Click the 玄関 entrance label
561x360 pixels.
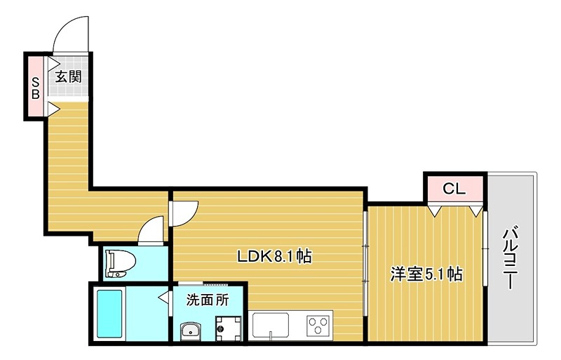click(x=69, y=76)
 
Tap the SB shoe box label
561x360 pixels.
click(x=35, y=86)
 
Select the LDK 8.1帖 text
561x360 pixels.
click(x=273, y=257)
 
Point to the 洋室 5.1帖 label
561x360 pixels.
click(x=426, y=274)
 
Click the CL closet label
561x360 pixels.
click(x=454, y=188)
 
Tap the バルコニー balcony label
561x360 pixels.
click(x=511, y=258)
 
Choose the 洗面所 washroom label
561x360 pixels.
click(x=207, y=300)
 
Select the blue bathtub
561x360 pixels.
click(x=110, y=313)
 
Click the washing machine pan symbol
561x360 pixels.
click(x=228, y=328)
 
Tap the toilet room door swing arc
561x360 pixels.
click(x=152, y=230)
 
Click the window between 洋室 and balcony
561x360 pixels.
click(x=485, y=246)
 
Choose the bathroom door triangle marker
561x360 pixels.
click(x=163, y=300)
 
